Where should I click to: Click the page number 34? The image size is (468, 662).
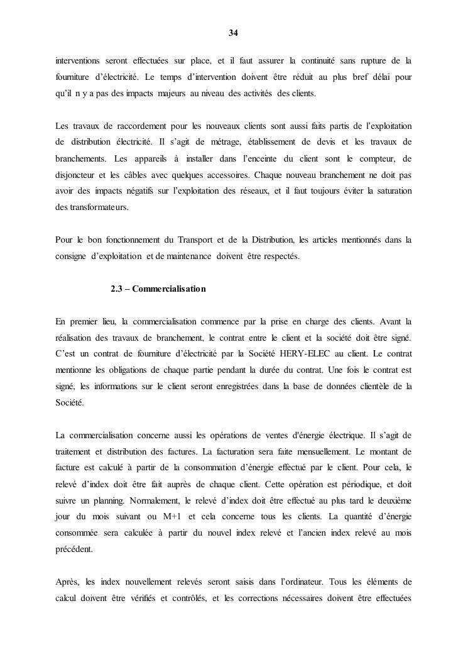coord(234,33)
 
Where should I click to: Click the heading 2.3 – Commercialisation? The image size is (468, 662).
coord(158,289)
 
